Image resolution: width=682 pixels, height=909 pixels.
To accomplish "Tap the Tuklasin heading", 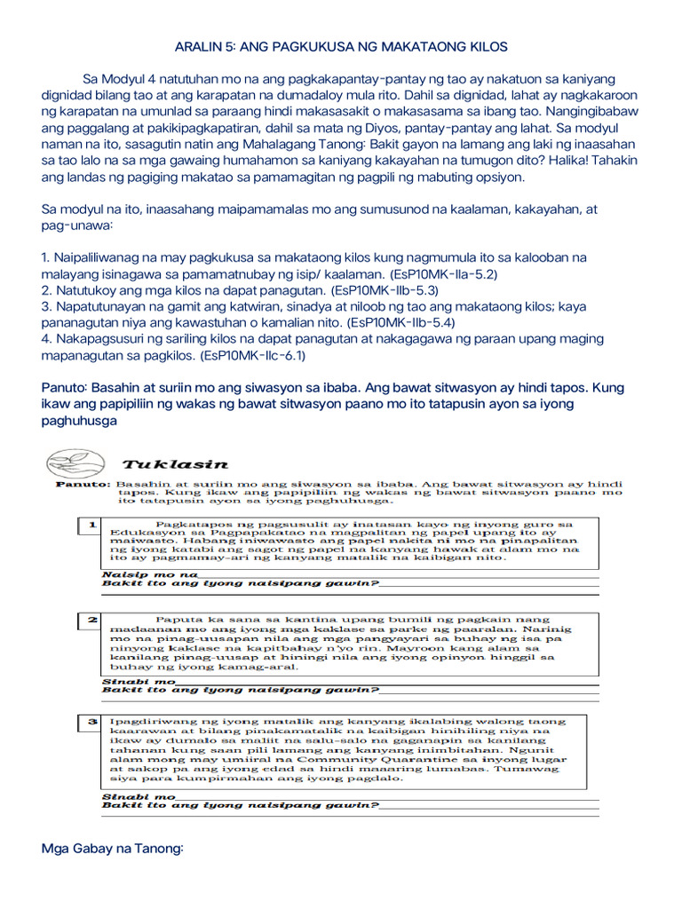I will [175, 463].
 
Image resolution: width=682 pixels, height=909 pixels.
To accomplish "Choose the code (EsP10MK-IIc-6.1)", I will [253, 355].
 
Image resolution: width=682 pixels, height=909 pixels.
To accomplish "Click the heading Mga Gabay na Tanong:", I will [112, 849].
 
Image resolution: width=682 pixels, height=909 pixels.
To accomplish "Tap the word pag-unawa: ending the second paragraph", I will [77, 225].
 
